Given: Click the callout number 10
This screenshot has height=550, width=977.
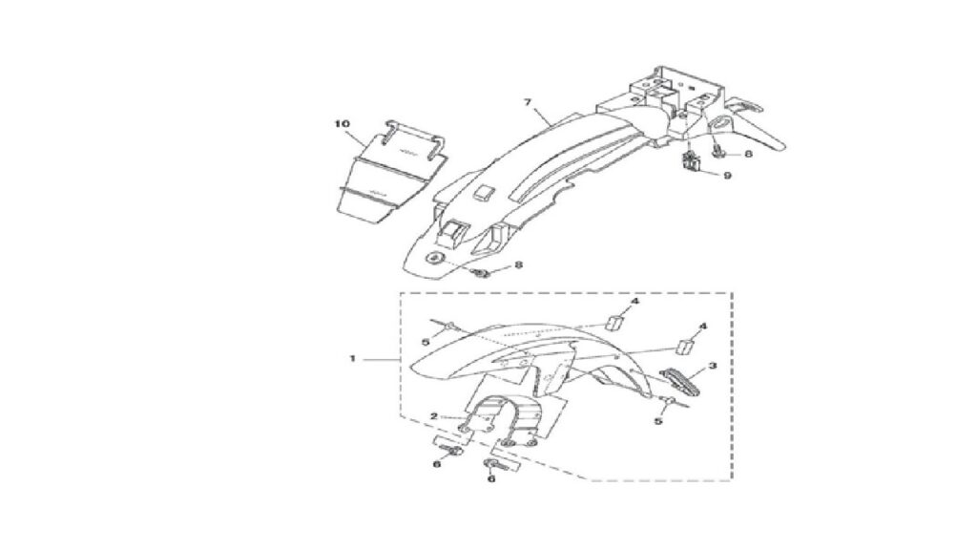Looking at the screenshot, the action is click(x=343, y=123).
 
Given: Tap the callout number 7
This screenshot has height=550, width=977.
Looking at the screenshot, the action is click(x=528, y=102).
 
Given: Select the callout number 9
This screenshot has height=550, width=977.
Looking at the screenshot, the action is click(x=727, y=176).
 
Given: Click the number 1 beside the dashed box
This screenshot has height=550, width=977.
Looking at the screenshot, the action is click(x=352, y=359).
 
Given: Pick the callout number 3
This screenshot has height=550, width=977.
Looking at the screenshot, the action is click(x=713, y=366).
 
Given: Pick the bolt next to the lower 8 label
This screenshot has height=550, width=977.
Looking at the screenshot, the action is click(x=482, y=272).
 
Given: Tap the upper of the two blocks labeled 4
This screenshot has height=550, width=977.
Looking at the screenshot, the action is click(x=615, y=321).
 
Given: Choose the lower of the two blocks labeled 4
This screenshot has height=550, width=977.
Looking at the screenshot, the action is click(x=686, y=347).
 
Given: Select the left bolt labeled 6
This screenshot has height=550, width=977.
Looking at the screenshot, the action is click(x=453, y=451).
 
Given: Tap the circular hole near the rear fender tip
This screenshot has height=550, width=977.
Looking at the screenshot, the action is click(x=432, y=258).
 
